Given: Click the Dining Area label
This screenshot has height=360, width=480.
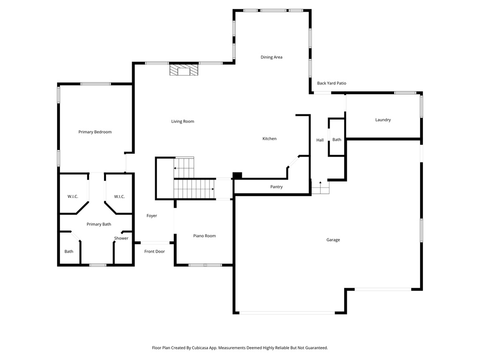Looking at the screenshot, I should point(271,57).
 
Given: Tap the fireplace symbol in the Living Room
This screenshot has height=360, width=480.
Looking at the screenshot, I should point(184,70).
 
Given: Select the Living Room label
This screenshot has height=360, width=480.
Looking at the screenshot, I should point(182,121).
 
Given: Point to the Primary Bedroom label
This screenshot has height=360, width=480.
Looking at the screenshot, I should point(95,132).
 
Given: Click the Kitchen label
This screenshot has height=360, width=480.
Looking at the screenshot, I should point(269,139).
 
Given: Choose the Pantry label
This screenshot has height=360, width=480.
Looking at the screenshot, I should point(276,187).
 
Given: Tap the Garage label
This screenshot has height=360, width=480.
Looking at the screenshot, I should point(333,240).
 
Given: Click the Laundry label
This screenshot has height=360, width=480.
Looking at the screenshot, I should point(382,120).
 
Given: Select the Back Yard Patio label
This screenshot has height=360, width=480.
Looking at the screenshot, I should point(331,83).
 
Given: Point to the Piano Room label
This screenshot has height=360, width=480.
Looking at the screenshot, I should point(204,236).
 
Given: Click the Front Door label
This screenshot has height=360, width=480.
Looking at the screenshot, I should point(154,252).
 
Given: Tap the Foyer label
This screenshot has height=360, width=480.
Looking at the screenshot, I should point(151,216).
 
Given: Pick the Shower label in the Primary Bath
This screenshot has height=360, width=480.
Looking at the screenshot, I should point(121,239).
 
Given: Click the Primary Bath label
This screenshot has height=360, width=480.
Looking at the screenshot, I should point(99,225).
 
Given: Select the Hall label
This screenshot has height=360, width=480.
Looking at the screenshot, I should point(320,140).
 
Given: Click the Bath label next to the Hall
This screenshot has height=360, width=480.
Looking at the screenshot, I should point(337,140).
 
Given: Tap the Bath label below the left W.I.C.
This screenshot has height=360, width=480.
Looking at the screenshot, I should point(69,252).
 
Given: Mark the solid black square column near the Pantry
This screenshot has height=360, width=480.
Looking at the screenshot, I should point(237,176).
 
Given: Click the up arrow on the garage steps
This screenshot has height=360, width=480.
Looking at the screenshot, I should point(320,183).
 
